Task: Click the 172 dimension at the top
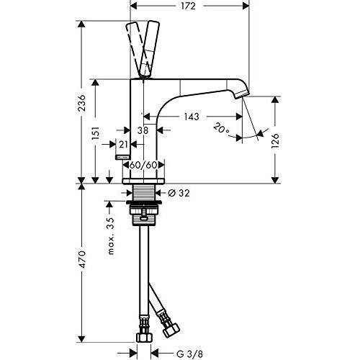tap(189, 6)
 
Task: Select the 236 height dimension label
tap(82, 103)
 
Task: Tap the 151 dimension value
tap(96, 133)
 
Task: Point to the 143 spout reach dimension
tap(192, 117)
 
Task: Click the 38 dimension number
tap(143, 130)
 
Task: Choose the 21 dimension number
tap(123, 145)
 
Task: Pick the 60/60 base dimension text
tap(143, 165)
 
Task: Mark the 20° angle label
tap(221, 128)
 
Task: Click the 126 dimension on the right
tap(276, 140)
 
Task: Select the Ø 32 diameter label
tap(179, 193)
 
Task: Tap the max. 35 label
tap(110, 236)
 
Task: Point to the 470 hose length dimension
tap(82, 259)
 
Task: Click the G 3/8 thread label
tap(189, 354)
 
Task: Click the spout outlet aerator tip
tap(242, 94)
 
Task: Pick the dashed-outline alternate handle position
tap(135, 48)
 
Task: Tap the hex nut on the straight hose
tap(144, 337)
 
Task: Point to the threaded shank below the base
tap(143, 192)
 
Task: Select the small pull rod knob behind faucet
tap(123, 157)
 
